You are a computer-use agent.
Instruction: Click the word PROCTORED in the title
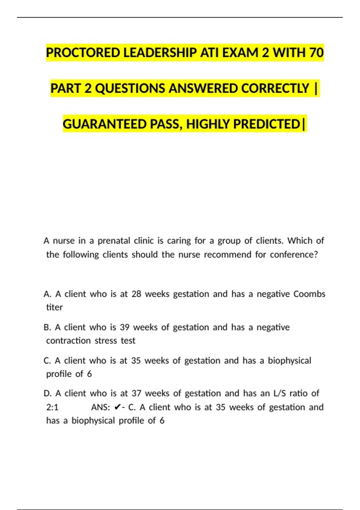[83, 53]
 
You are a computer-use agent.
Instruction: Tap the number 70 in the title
[316, 53]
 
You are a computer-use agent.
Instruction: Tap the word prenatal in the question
[114, 241]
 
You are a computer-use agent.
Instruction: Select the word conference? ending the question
[294, 255]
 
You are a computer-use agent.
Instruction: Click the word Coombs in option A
[309, 294]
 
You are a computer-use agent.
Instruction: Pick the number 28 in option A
[136, 294]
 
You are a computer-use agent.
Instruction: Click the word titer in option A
[54, 307]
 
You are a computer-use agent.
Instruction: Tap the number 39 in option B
[124, 327]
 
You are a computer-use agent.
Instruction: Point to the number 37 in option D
[136, 393]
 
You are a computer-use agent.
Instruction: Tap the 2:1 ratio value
[52, 407]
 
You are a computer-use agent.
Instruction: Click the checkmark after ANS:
[118, 407]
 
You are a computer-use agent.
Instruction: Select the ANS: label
[100, 407]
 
